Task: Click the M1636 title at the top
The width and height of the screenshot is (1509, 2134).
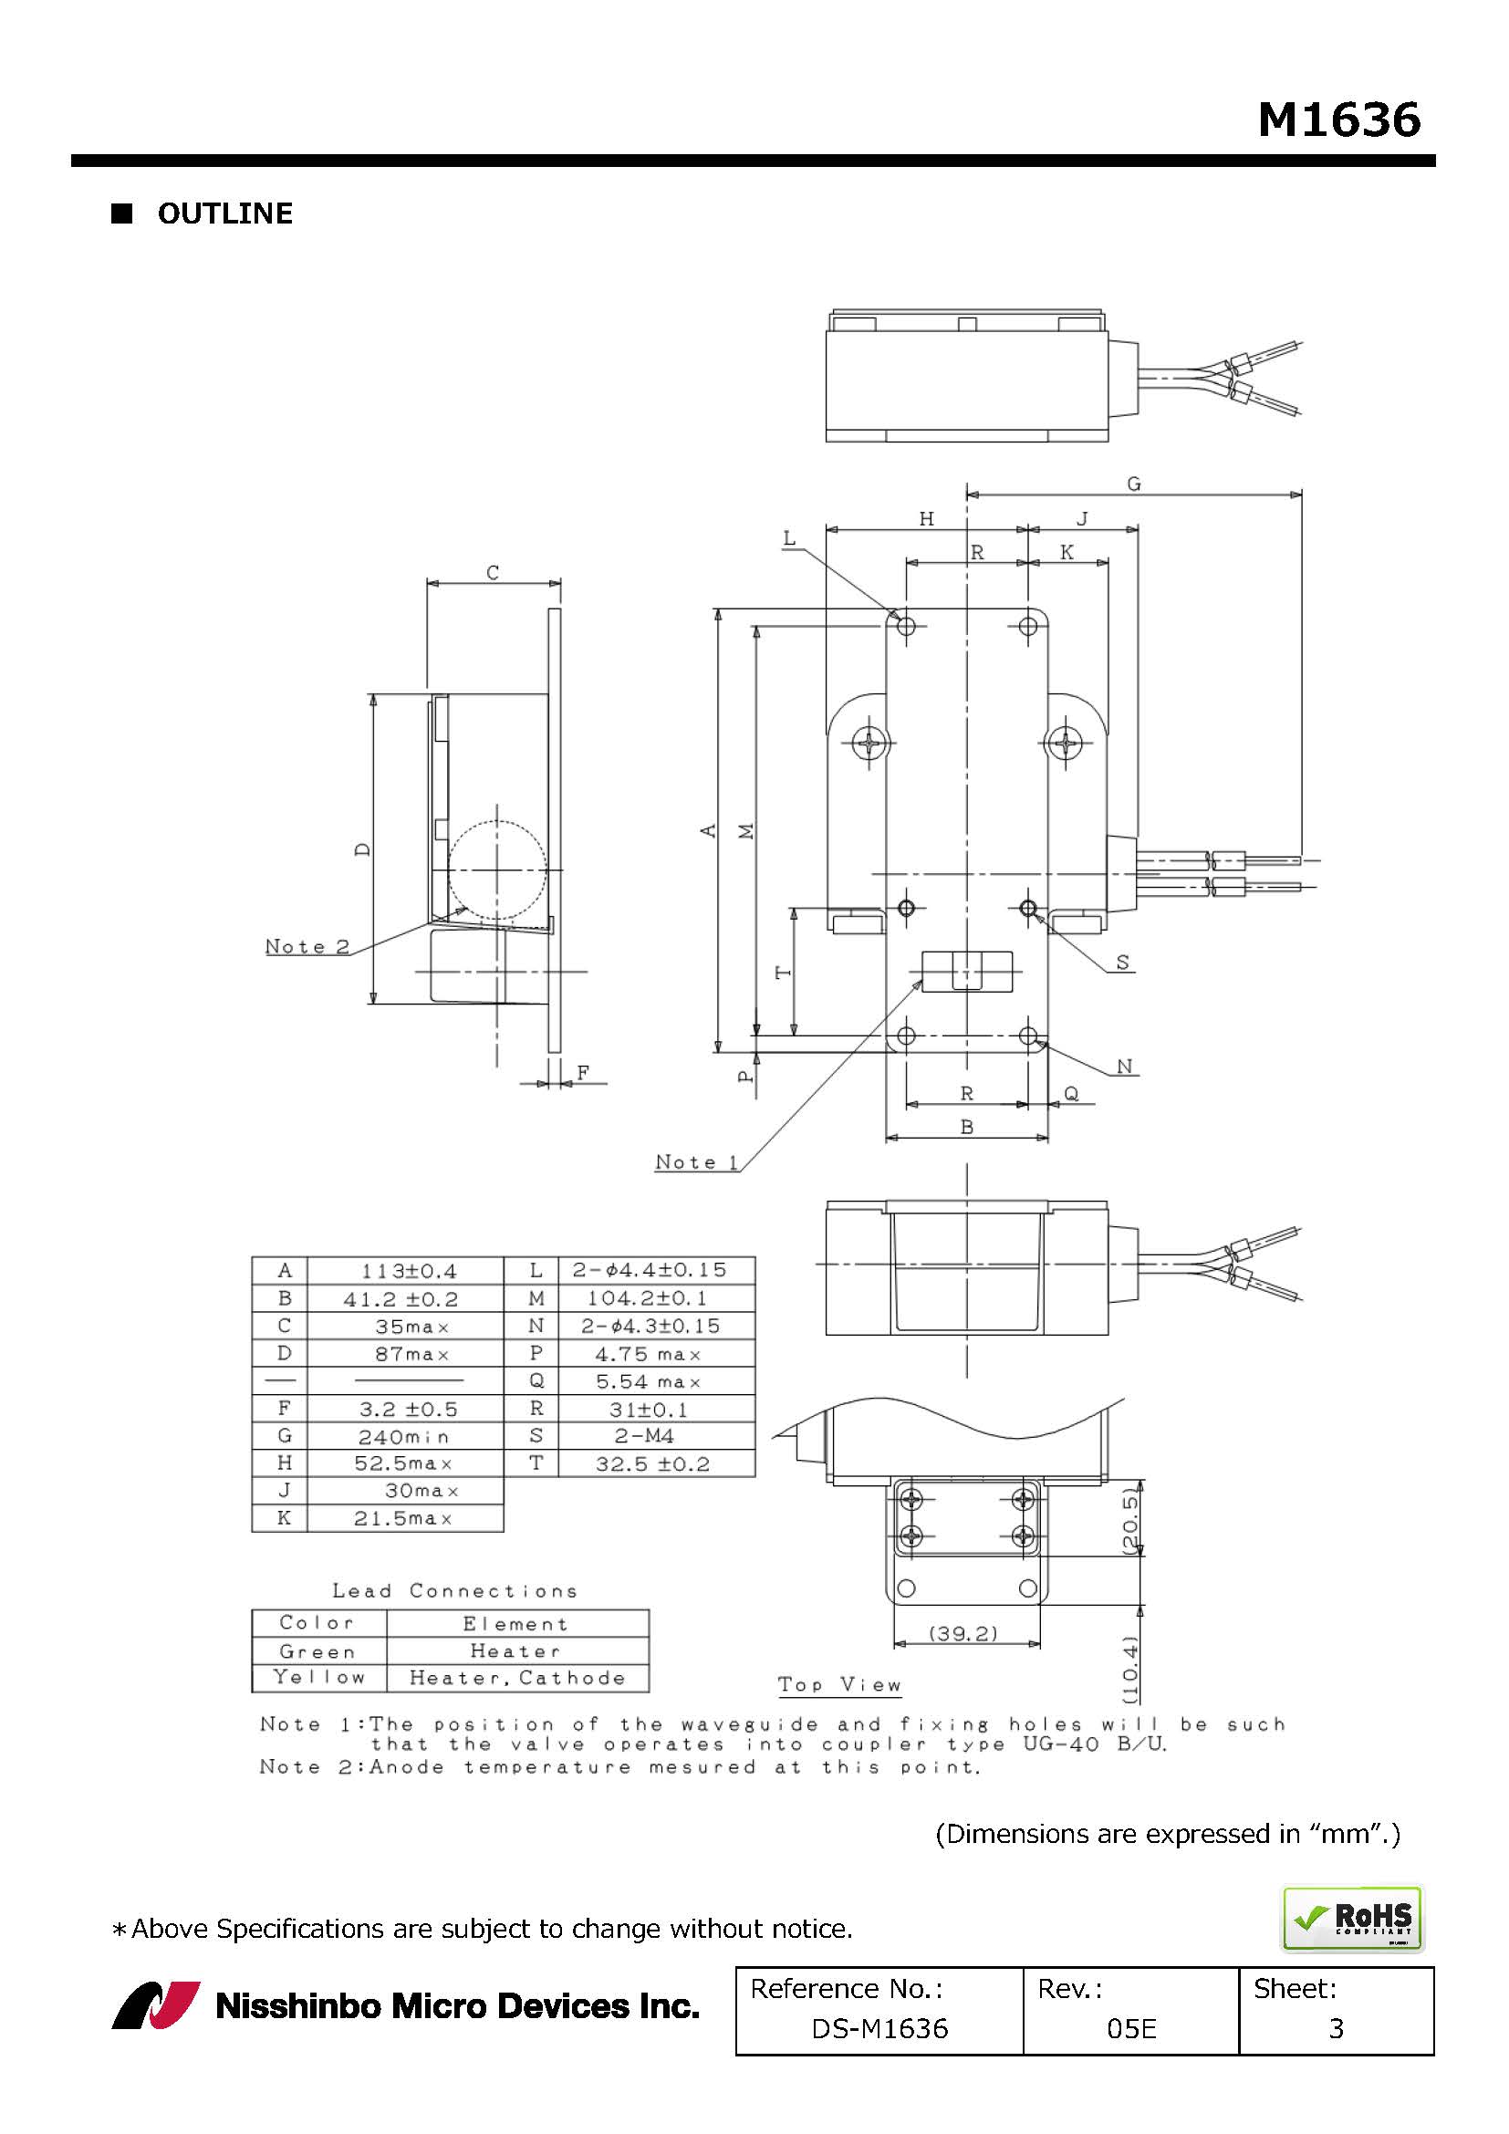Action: point(1339,120)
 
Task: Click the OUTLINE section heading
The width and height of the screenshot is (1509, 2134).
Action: point(224,213)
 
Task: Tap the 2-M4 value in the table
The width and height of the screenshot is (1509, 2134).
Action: point(644,1436)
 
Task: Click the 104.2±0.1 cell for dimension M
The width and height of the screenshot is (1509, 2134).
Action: point(647,1297)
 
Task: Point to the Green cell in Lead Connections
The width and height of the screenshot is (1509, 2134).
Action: point(317,1651)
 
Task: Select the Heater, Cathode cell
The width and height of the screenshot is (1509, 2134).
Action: point(517,1678)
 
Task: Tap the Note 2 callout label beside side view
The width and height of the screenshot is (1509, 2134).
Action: point(307,946)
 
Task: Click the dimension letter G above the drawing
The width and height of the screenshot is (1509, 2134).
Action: point(1134,484)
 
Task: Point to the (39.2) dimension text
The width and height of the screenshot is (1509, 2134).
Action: point(963,1633)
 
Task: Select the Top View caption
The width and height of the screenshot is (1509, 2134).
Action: point(840,1685)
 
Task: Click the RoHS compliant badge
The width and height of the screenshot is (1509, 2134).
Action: point(1353,1918)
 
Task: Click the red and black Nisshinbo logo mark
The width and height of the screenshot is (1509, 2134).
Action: point(156,2005)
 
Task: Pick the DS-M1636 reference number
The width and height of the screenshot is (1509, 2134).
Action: point(879,2028)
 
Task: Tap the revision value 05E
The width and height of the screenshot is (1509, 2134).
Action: point(1131,2028)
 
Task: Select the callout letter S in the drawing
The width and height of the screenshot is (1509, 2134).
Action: point(1122,962)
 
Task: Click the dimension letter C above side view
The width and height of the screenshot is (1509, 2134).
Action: point(493,573)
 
